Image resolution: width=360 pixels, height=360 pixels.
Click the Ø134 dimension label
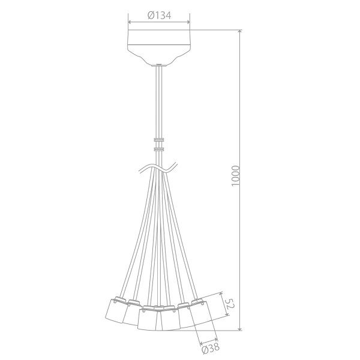159,16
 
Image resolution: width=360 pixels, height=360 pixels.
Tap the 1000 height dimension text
236,176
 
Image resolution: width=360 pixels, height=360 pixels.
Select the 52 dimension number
230,304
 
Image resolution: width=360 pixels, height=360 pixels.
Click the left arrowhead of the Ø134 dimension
130,22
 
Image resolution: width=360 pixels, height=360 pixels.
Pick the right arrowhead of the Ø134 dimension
188,22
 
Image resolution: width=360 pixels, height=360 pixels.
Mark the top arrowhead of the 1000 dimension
240,32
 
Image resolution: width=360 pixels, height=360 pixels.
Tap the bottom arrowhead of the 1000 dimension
240,329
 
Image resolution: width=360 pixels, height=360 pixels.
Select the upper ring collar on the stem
159,139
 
